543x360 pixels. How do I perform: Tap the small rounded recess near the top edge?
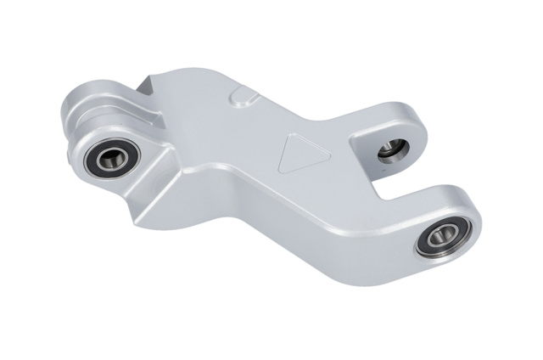tap(244, 94)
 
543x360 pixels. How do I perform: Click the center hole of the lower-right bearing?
tap(440, 237)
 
